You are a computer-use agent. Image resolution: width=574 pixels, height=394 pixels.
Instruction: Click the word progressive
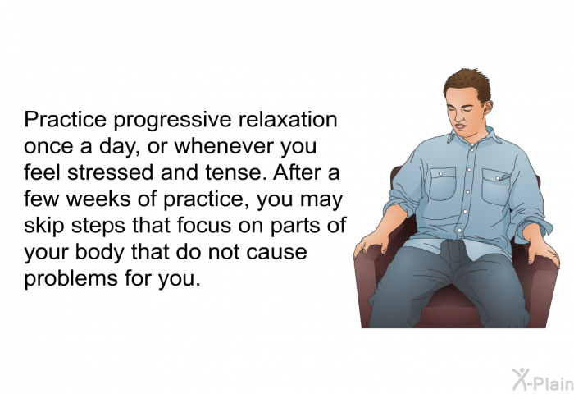pos(172,121)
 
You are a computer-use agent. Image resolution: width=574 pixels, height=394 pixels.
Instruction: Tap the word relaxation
pos(288,119)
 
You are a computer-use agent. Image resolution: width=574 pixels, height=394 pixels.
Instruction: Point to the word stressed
pos(110,172)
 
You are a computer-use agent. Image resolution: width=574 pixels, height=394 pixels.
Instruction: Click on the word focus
pos(204,225)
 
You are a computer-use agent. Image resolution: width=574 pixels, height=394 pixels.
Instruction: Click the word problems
pos(71,279)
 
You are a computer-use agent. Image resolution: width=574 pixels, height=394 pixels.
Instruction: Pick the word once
pos(48,147)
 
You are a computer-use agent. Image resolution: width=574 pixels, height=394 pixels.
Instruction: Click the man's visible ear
pos(486,107)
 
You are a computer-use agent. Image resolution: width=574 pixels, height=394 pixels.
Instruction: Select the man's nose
pos(456,117)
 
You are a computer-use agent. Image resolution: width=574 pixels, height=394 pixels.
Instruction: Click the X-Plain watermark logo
pos(543,379)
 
